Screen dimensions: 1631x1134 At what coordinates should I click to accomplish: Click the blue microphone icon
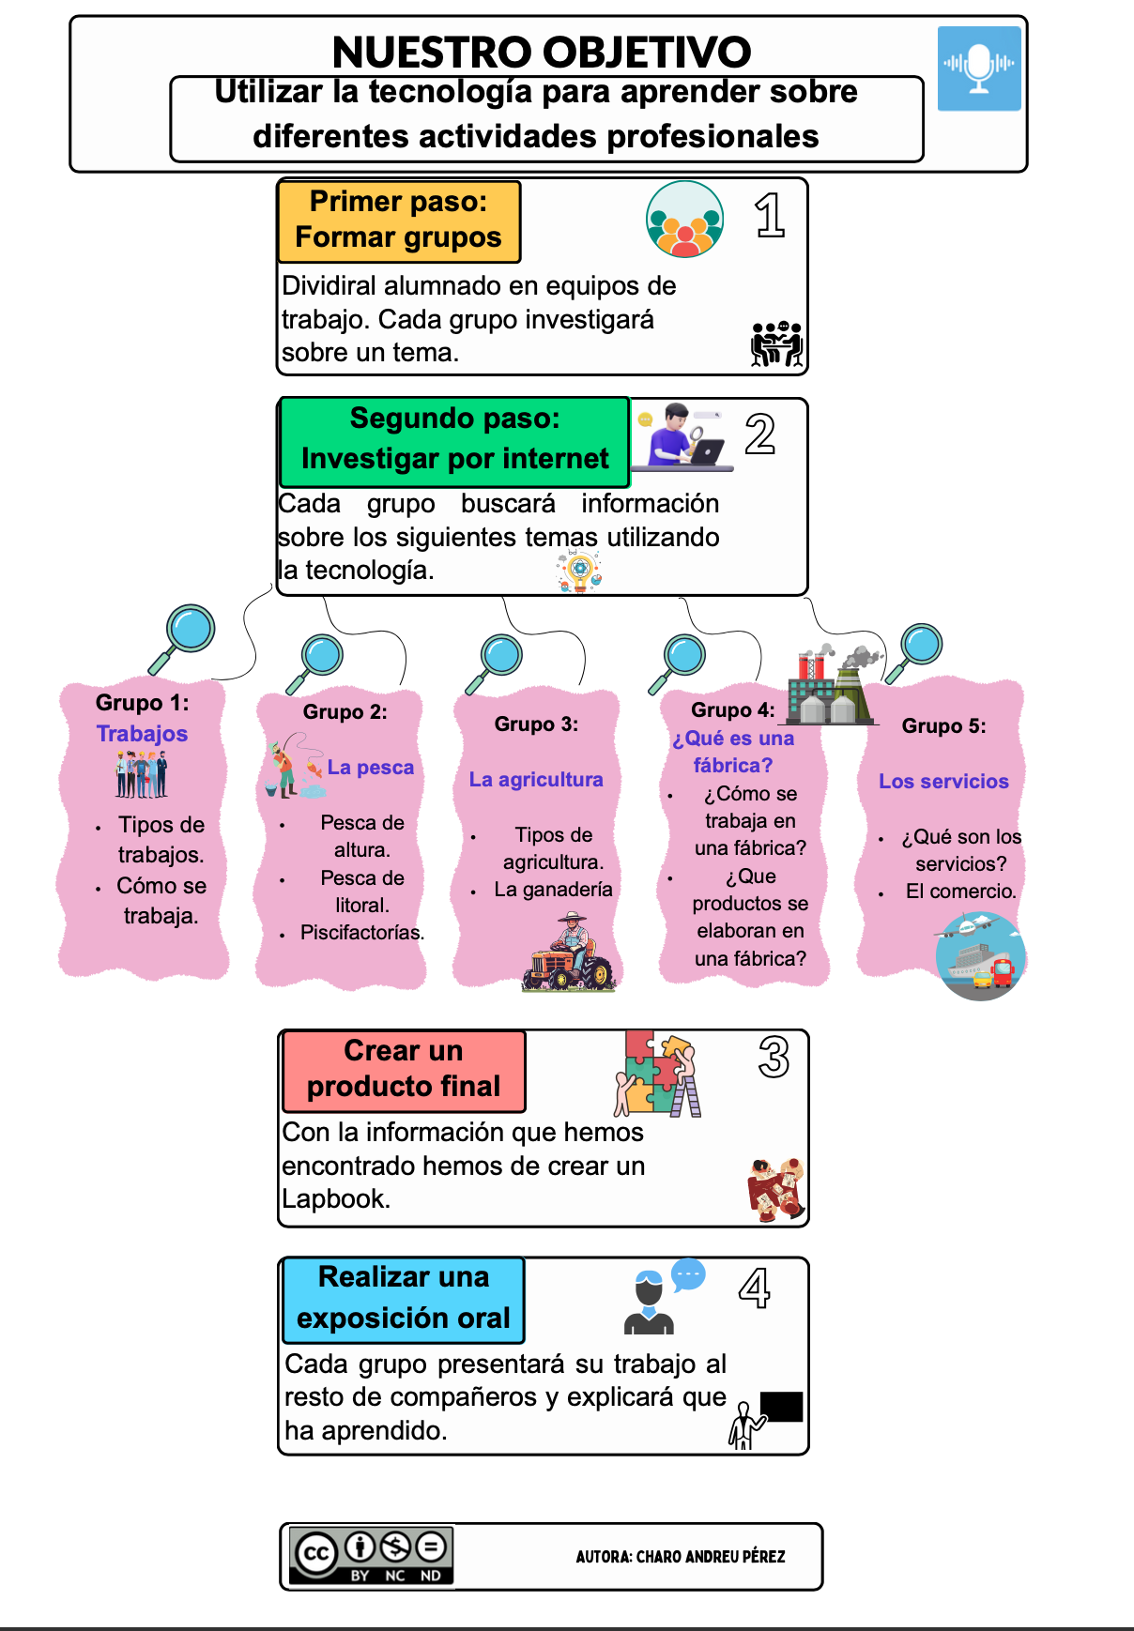979,69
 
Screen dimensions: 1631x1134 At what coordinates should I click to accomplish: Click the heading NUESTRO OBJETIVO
542,53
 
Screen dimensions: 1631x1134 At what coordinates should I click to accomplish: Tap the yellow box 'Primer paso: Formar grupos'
399,221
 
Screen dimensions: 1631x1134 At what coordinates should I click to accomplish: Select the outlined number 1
770,215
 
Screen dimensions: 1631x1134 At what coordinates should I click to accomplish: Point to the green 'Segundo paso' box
454,440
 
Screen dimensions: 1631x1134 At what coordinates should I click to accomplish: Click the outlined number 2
760,434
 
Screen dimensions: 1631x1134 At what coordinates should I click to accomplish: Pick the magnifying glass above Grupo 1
183,636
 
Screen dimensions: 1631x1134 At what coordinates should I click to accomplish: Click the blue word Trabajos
142,734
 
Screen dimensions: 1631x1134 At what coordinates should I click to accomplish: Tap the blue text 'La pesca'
370,768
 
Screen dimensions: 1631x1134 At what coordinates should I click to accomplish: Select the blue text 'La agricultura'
536,780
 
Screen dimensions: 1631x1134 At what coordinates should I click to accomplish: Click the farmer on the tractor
569,954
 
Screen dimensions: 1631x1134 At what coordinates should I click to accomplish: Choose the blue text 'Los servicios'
943,782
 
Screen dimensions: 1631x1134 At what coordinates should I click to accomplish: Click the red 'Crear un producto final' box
404,1070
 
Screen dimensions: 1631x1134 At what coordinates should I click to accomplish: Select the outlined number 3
774,1058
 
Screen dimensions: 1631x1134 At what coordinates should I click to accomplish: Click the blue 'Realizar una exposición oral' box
404,1299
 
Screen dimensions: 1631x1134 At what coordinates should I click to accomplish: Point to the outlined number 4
755,1288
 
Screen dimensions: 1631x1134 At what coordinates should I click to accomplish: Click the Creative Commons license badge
372,1556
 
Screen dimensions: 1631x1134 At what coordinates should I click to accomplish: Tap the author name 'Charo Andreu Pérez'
680,1557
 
